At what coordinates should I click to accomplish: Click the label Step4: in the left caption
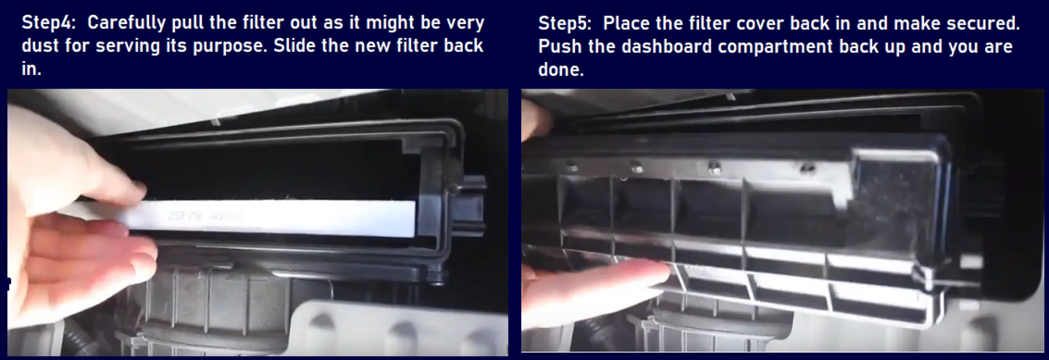coord(49,23)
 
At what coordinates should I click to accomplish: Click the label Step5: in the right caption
coord(566,23)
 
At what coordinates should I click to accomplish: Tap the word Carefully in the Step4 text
coord(126,23)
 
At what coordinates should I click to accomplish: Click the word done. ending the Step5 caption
coord(561,70)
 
